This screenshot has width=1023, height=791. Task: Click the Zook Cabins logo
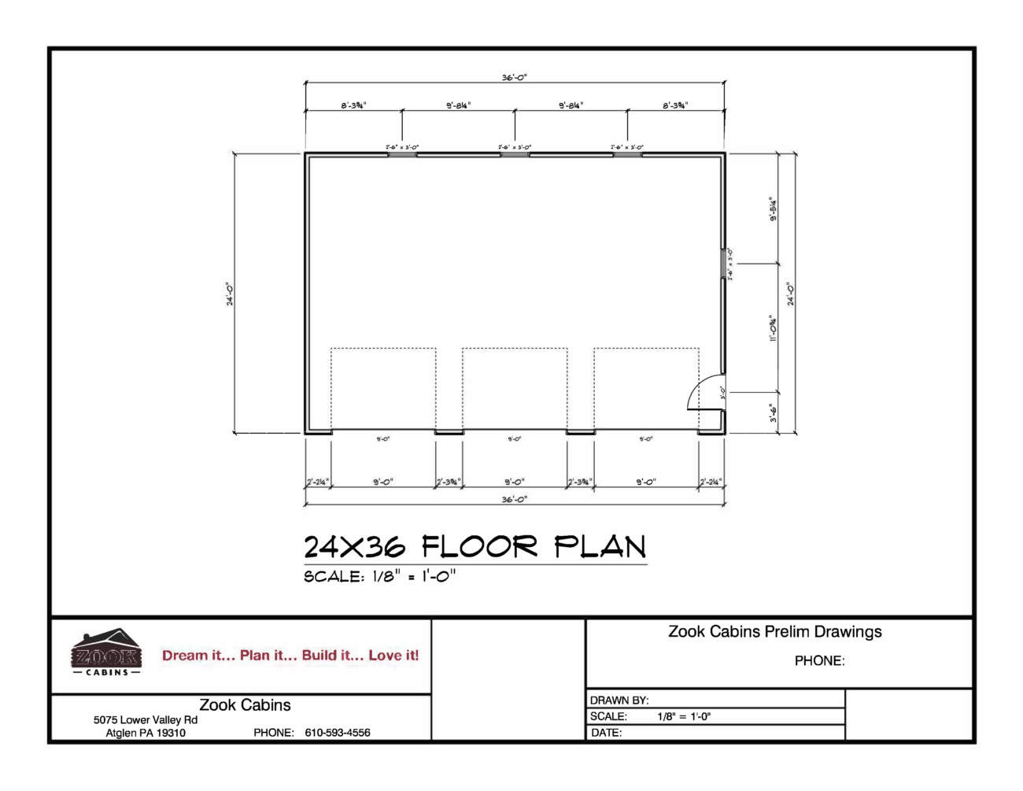coord(106,652)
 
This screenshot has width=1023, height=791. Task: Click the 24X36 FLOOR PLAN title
coord(475,546)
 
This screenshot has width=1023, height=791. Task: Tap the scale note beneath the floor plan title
coord(379,576)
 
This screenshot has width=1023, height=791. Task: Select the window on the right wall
coord(723,264)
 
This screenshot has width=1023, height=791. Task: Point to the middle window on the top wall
coord(515,154)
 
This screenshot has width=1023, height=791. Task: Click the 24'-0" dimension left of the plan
coord(231,294)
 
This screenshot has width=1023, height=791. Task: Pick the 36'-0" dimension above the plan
coord(515,78)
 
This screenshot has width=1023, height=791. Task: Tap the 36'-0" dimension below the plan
coord(515,500)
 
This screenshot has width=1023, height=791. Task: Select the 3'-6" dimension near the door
coord(774,413)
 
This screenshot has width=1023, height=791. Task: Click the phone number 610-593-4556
coord(337,733)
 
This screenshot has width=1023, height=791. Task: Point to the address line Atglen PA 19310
coord(146,733)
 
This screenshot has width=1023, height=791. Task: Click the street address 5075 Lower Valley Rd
coord(146,719)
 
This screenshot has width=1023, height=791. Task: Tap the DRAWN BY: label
coord(619,700)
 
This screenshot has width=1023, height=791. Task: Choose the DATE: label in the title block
coord(606,733)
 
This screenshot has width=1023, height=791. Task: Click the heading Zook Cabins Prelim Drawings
coord(774,631)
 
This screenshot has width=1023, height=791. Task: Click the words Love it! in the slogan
coord(393,655)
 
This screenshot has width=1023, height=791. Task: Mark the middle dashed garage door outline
coord(515,390)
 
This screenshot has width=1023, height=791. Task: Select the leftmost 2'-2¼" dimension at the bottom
coord(317,482)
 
